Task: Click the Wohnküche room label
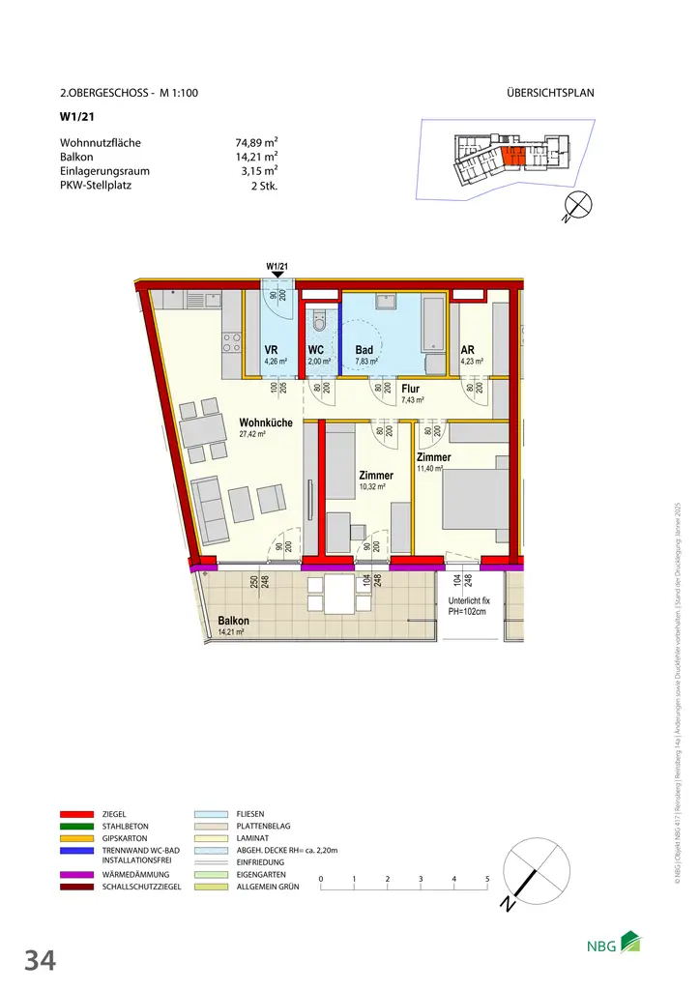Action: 267,422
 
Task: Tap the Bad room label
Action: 365,352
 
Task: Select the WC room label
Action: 316,352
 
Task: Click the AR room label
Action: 467,352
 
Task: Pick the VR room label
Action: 272,352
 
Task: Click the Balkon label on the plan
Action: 233,621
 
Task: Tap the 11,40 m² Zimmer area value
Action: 430,469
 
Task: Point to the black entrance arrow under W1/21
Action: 277,276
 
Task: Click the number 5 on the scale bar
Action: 487,879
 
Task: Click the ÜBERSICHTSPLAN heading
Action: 549,94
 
